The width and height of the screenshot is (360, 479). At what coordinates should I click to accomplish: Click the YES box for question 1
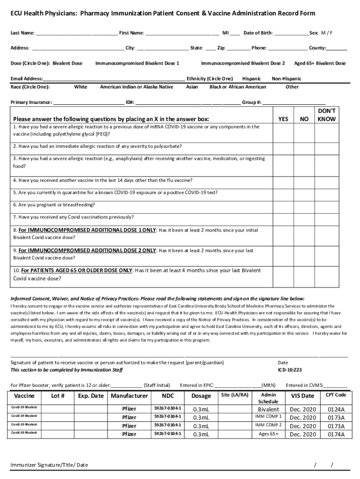click(283, 133)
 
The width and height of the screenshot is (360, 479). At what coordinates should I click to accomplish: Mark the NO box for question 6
click(304, 205)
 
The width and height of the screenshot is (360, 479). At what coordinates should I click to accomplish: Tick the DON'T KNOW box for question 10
click(326, 275)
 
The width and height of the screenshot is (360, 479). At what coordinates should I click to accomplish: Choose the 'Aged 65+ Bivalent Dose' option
click(320, 63)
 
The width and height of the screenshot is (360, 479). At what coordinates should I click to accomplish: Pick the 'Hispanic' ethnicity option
click(251, 79)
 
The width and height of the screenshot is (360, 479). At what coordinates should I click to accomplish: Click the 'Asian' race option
click(192, 87)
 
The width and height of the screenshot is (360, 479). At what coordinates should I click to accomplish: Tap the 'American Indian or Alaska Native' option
click(137, 87)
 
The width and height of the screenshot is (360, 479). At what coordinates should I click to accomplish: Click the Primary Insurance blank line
click(88, 102)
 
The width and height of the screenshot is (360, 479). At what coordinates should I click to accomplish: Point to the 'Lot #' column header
click(58, 396)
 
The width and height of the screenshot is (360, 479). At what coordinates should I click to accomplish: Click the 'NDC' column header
click(168, 396)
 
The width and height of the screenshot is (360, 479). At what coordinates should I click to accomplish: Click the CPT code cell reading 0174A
click(336, 435)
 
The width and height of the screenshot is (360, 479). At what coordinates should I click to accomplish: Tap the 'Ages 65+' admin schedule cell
click(268, 434)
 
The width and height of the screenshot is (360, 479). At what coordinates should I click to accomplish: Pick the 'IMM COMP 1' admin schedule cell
click(268, 416)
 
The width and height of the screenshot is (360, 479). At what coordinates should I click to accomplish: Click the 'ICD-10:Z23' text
click(289, 370)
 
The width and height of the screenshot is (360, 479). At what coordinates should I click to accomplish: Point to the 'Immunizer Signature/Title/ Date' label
click(50, 465)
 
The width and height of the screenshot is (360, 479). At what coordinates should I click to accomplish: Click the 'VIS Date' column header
click(302, 396)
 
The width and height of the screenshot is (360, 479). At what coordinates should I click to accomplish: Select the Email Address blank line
click(114, 79)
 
